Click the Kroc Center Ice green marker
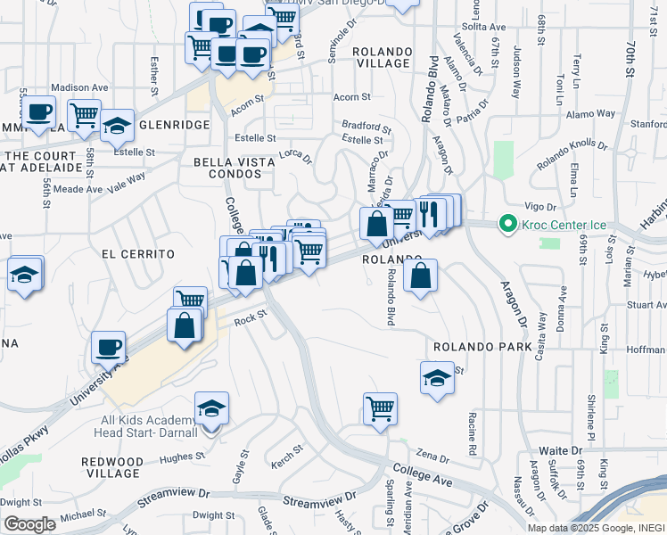click(509, 223)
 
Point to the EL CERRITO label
click(138, 254)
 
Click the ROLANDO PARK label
click(482, 346)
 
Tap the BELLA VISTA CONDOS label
click(227, 167)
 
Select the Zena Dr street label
click(432, 456)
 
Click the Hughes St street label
click(177, 457)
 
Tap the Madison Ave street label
click(79, 87)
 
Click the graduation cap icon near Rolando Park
click(437, 377)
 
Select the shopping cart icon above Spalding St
click(381, 409)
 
